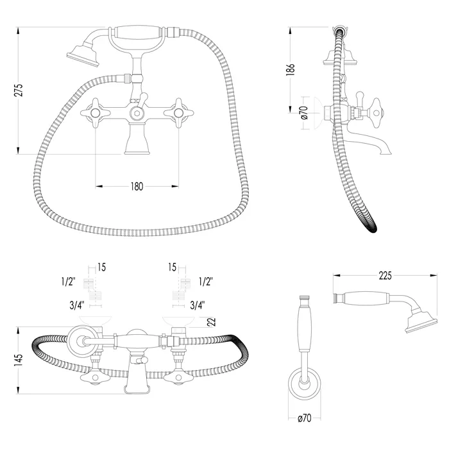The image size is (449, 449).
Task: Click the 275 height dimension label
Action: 18,90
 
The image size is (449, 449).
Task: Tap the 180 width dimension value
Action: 137,187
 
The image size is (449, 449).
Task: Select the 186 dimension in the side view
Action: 290,69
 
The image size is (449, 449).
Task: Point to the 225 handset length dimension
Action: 385,276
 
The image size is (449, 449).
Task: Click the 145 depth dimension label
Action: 18,360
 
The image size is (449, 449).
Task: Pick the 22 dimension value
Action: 211,322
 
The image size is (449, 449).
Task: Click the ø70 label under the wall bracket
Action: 305,418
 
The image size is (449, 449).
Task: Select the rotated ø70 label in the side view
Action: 305,112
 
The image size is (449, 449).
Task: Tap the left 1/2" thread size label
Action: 69,282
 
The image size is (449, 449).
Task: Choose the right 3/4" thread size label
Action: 198,305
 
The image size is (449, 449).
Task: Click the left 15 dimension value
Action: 101,267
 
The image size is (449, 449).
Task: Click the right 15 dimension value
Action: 172,267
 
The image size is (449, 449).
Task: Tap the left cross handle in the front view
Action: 95,113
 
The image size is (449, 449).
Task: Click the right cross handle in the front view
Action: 179,113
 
